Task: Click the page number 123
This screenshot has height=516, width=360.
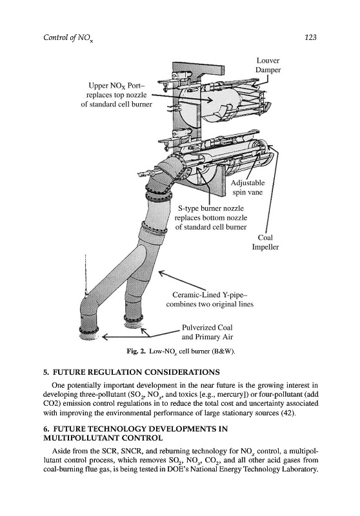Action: point(310,37)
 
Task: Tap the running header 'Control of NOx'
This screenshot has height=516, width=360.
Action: point(68,38)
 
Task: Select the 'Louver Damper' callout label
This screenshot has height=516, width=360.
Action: point(268,65)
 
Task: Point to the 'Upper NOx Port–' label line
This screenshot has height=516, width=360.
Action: point(117,86)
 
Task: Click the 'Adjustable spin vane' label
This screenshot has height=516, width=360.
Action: point(248,187)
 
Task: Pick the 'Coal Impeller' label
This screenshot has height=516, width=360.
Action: point(265,243)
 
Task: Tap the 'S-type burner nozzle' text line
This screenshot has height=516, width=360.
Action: point(211,208)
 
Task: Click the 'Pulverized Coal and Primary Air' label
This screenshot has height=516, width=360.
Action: point(207,332)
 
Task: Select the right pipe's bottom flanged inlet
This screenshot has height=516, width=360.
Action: point(134,319)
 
